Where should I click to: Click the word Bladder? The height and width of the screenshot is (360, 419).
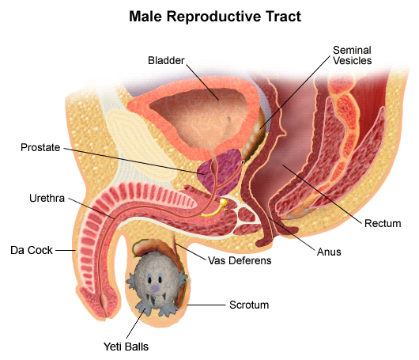[x=166, y=60]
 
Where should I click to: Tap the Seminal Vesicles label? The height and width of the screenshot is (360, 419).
[x=352, y=55]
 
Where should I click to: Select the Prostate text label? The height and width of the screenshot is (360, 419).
[x=40, y=147]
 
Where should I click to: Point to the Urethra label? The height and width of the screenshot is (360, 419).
[x=47, y=198]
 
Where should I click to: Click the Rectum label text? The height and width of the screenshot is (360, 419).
[x=383, y=223]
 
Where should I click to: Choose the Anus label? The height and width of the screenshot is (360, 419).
[x=329, y=252]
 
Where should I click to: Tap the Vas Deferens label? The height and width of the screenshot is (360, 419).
[x=240, y=260]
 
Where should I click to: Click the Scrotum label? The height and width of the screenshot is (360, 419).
[x=249, y=305]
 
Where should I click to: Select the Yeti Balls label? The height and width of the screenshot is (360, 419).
[x=126, y=347]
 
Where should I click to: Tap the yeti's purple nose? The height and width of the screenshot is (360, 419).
[x=155, y=288]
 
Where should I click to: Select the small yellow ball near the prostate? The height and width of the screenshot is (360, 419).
[x=223, y=203]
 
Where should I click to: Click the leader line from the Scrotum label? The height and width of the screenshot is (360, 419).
[x=206, y=305]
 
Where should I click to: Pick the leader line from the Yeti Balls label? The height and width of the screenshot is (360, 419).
[x=136, y=323]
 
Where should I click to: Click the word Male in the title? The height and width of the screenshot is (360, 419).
[x=146, y=17]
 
